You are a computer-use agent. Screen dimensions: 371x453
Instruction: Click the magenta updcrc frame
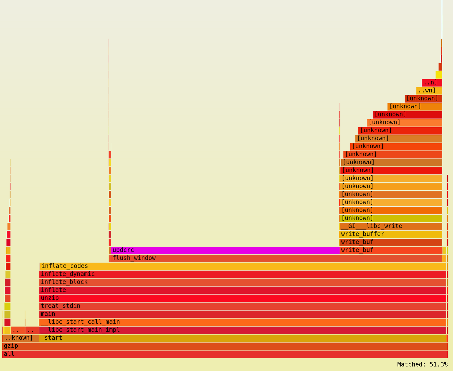(x=225, y=250)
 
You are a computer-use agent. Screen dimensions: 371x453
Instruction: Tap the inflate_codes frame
(x=243, y=266)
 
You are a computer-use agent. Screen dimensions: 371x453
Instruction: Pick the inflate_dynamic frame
(x=243, y=274)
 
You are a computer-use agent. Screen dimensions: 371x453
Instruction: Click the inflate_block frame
(x=243, y=282)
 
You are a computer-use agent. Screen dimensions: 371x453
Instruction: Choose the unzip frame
(x=243, y=298)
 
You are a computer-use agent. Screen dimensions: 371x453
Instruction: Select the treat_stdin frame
(x=243, y=306)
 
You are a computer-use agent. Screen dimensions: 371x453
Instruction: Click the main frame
(x=243, y=314)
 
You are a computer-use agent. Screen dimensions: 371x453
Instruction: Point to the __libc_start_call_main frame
(x=243, y=322)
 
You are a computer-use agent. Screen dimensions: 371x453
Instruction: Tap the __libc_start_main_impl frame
(x=243, y=330)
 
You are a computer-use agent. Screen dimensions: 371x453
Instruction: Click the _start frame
(x=243, y=338)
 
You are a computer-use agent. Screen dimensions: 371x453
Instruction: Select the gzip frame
(x=225, y=346)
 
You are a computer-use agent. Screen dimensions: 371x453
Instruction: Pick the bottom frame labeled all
(x=225, y=354)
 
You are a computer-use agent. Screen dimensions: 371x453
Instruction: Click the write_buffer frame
(x=390, y=234)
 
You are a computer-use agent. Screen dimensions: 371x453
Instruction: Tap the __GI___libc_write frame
(x=390, y=226)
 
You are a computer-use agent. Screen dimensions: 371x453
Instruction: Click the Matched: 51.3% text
(x=422, y=364)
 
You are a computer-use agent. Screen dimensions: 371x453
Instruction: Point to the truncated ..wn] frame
(x=429, y=90)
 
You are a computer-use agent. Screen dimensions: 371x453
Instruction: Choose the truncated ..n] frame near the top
(x=432, y=82)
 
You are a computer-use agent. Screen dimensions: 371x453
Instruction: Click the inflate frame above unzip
(x=243, y=290)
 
